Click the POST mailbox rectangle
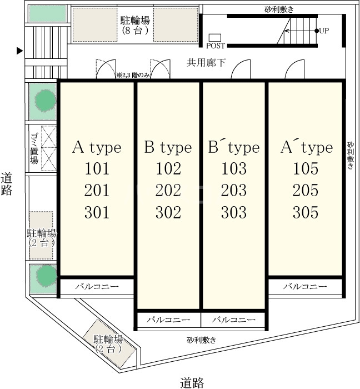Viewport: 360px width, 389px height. coord(214,38)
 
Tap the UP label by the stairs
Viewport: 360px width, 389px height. coord(324,31)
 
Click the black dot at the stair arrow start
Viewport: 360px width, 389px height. coord(317,31)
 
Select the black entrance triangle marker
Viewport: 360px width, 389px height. coord(20,51)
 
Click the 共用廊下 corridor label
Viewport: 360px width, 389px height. coord(206,63)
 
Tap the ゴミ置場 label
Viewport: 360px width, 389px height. coord(34,148)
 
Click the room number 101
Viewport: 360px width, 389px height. coord(97,169)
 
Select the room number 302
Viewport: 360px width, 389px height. coord(168,212)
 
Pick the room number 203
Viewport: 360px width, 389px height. coord(234,190)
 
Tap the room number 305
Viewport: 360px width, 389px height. coord(306,212)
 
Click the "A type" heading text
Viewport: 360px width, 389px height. coord(97,148)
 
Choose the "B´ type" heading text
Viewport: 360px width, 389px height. coord(234,148)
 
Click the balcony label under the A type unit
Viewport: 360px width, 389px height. coord(97,287)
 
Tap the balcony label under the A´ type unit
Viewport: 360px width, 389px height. coord(305,287)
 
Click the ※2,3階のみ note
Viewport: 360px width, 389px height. coord(133,75)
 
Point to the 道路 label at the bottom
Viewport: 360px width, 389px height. coord(192,383)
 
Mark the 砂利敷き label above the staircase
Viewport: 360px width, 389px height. coord(279,9)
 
